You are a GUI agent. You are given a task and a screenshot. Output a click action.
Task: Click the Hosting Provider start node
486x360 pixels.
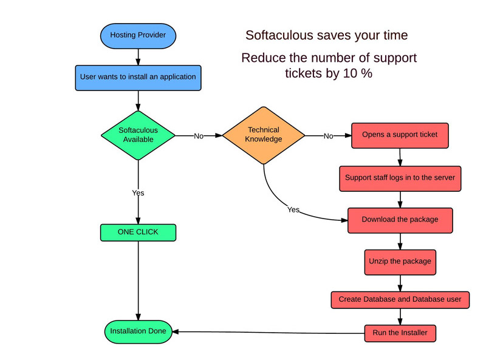click(x=138, y=36)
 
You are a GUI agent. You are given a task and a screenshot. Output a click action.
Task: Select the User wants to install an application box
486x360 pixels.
click(x=138, y=78)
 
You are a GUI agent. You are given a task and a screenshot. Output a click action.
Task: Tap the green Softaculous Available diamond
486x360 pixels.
click(x=138, y=135)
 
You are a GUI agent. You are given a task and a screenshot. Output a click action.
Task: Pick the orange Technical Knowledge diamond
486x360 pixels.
click(x=264, y=135)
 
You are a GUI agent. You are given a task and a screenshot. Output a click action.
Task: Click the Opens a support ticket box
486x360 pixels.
click(x=400, y=135)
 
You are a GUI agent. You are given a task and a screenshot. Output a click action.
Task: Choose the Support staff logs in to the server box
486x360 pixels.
click(x=400, y=178)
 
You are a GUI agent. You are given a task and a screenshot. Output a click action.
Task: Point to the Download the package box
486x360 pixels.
click(x=400, y=220)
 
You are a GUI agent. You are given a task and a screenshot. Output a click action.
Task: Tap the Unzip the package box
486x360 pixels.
click(x=400, y=262)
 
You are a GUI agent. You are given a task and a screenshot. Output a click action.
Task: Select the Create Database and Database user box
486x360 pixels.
click(x=400, y=299)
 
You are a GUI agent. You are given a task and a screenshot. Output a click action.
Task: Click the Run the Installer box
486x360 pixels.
click(x=400, y=333)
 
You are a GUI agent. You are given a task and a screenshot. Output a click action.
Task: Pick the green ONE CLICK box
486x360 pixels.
click(x=138, y=233)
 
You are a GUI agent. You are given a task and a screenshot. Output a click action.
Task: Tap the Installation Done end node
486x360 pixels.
click(x=138, y=331)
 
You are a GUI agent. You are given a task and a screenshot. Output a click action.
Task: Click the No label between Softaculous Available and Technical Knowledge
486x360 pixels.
click(x=199, y=136)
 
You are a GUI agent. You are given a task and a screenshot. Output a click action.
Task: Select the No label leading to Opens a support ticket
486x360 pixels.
click(x=329, y=136)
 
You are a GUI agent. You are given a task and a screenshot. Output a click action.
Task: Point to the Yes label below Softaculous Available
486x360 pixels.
click(x=138, y=193)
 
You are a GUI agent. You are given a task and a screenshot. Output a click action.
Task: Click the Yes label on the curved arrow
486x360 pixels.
click(x=293, y=209)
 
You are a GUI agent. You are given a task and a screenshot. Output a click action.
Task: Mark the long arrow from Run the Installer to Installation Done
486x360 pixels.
click(x=269, y=333)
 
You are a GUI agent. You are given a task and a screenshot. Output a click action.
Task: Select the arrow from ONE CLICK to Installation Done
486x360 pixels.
click(x=139, y=280)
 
